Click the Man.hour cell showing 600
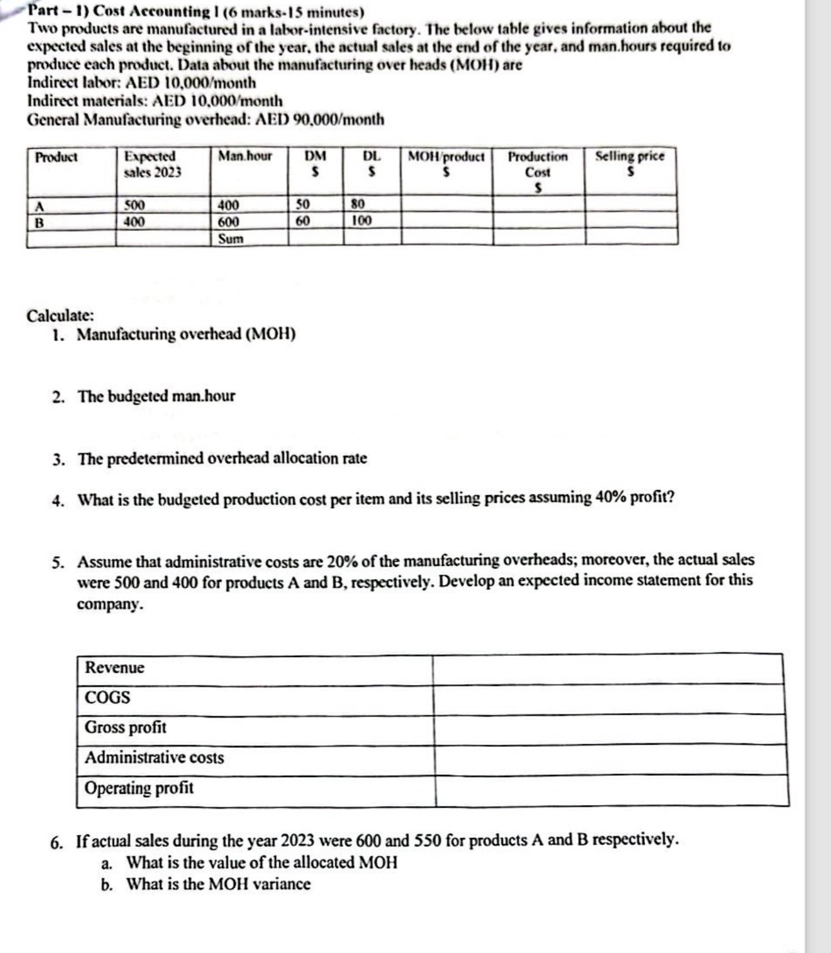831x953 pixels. (229, 222)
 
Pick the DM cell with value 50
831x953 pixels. (303, 205)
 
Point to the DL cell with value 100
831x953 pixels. (362, 221)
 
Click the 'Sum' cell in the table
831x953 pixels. (231, 239)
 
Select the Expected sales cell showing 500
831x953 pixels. (135, 206)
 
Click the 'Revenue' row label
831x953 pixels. (115, 667)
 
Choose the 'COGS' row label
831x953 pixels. (108, 698)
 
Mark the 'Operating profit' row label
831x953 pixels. (139, 788)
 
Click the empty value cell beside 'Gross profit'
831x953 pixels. (609, 729)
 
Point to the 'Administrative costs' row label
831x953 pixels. (155, 758)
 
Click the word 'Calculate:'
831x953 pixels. (60, 316)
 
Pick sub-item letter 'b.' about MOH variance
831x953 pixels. (108, 885)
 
